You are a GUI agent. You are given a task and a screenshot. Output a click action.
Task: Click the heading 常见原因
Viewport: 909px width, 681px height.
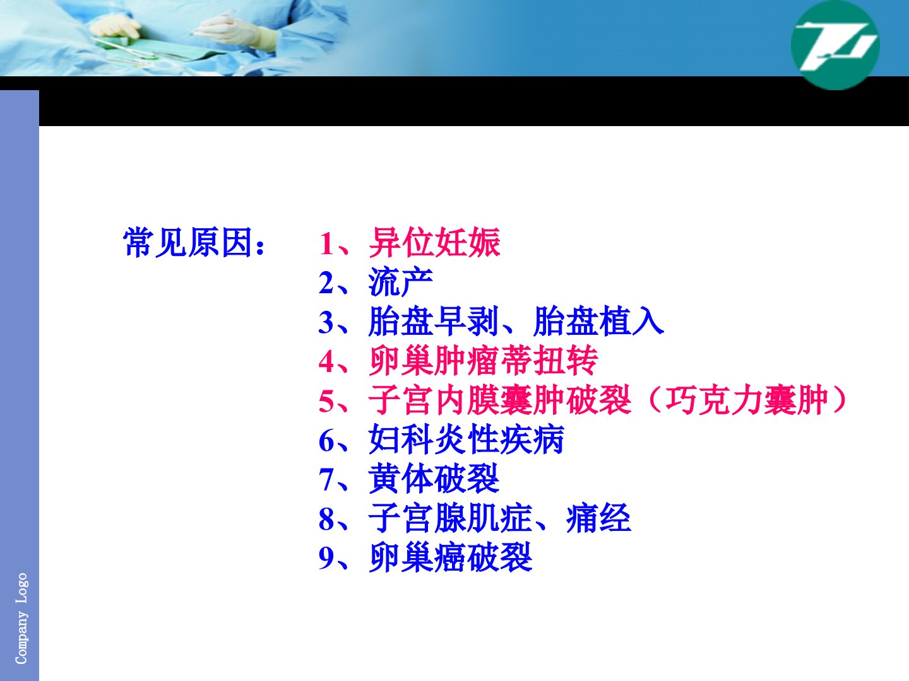click(x=187, y=242)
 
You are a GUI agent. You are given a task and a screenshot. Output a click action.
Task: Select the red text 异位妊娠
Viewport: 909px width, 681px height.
click(x=434, y=242)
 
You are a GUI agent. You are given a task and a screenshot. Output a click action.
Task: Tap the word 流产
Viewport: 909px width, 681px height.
click(x=400, y=282)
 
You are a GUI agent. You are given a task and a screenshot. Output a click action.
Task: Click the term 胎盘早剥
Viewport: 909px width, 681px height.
click(x=433, y=322)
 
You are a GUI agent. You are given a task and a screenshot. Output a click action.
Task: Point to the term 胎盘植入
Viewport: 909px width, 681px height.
click(x=598, y=322)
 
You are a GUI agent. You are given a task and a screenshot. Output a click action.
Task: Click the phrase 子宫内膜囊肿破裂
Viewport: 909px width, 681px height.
click(x=500, y=400)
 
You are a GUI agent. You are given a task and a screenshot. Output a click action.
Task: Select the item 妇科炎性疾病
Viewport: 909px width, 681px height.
click(x=466, y=439)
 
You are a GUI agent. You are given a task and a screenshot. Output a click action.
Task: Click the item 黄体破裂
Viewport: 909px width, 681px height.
click(x=434, y=479)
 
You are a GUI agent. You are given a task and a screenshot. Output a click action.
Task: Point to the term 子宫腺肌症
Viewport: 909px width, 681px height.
click(x=450, y=518)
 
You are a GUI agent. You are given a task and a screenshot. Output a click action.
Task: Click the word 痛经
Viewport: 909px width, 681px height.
click(x=598, y=518)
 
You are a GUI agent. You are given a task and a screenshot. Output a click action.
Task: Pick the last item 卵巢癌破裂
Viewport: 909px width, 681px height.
click(x=450, y=557)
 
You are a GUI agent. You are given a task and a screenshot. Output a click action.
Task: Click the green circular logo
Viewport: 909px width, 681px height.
click(x=835, y=44)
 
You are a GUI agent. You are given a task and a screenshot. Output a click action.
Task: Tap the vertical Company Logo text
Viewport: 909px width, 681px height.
click(x=21, y=619)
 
